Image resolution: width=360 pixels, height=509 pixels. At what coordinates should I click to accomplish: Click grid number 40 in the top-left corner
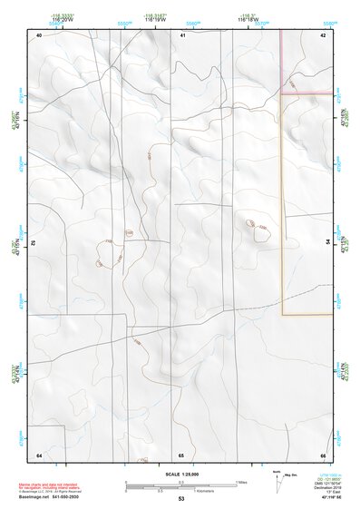[39, 34]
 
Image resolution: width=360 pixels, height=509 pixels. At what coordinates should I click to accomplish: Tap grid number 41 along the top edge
[182, 34]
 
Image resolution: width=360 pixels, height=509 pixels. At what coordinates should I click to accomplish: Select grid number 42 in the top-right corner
[323, 34]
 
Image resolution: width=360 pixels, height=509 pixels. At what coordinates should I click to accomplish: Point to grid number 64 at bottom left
[39, 454]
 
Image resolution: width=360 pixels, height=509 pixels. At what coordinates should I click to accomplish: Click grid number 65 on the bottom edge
[181, 454]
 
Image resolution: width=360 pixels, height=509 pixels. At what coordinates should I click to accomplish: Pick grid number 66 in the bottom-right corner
[323, 454]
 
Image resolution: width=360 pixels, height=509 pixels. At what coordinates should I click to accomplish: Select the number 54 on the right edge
[328, 242]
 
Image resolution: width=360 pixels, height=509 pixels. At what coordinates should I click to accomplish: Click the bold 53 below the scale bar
[181, 499]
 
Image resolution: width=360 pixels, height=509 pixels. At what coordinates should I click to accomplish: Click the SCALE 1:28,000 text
[181, 475]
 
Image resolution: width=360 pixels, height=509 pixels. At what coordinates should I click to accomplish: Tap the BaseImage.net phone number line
[51, 498]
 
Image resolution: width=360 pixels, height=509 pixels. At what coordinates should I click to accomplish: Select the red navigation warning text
[52, 486]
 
